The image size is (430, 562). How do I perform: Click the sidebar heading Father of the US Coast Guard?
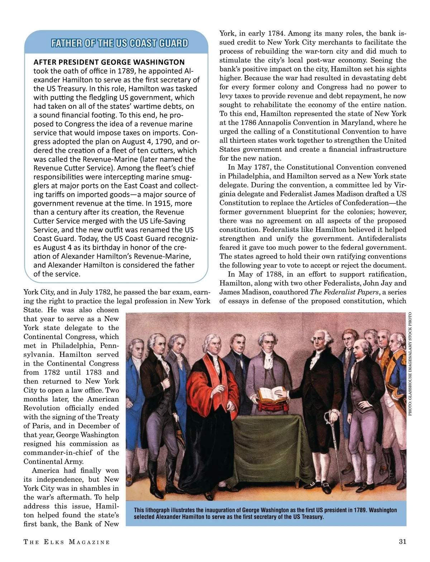(x=119, y=43)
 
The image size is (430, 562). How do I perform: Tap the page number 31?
(x=402, y=542)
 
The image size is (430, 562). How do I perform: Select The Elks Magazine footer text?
(x=67, y=542)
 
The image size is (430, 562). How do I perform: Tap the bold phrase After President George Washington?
(x=109, y=62)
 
